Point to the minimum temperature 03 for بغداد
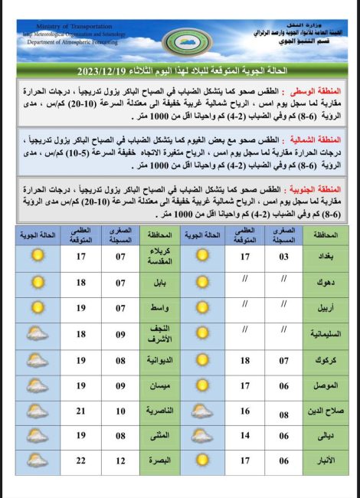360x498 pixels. [x=284, y=257]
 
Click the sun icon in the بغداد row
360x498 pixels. [x=202, y=257]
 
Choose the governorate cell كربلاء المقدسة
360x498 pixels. [x=157, y=257]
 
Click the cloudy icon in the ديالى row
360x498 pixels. [x=202, y=435]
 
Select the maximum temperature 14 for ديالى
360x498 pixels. [x=245, y=435]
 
